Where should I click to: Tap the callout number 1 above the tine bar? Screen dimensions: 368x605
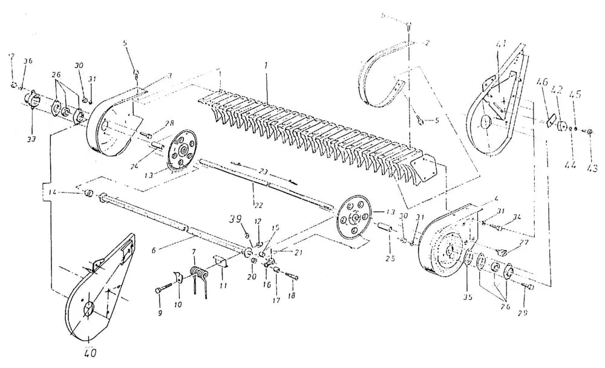click(x=266, y=64)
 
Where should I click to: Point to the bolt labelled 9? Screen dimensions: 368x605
click(x=160, y=290)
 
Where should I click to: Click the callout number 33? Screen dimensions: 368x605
click(x=31, y=139)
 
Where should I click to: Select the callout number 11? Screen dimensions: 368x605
click(x=224, y=284)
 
